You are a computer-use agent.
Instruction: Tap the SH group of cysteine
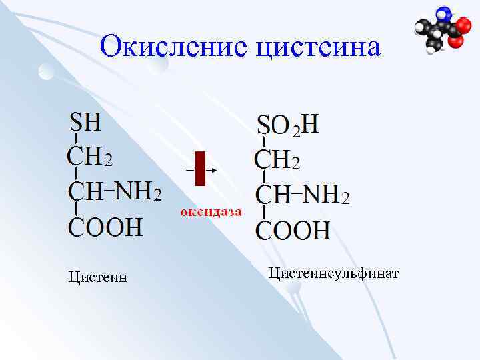(x=86, y=123)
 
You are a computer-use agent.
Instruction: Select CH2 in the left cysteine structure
(x=90, y=157)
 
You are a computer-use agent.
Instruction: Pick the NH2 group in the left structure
(x=141, y=191)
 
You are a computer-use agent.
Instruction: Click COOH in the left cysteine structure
(x=105, y=227)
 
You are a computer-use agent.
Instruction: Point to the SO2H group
(x=288, y=125)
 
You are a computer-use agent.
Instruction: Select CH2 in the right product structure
(x=277, y=160)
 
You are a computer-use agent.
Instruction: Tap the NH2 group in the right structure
(x=327, y=195)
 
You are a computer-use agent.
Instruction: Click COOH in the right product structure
(x=293, y=230)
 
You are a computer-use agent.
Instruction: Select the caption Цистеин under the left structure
(x=97, y=277)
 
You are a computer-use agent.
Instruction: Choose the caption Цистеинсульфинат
(x=333, y=273)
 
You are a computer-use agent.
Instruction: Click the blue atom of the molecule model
(x=443, y=15)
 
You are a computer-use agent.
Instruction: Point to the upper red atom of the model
(x=459, y=27)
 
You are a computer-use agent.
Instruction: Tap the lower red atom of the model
(x=455, y=41)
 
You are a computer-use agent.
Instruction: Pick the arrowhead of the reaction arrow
(x=214, y=170)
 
